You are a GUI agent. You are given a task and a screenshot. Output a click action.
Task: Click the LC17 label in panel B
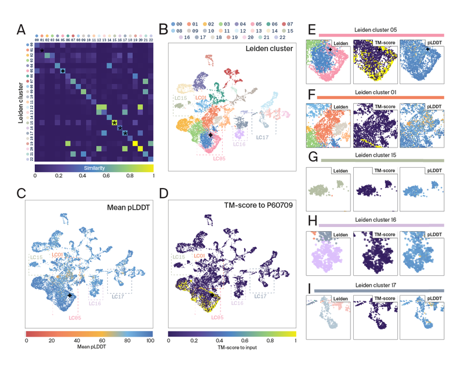pyautogui.click(x=263, y=138)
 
